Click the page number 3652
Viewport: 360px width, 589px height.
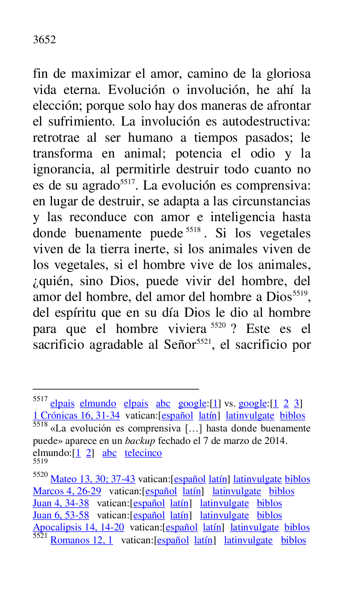pyautogui.click(x=44, y=40)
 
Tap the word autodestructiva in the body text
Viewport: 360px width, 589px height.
pyautogui.click(x=266, y=122)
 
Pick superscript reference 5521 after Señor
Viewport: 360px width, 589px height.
pyautogui.click(x=204, y=342)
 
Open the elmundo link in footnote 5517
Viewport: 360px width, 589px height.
pyautogui.click(x=98, y=404)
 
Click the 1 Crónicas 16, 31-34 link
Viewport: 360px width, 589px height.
pyautogui.click(x=76, y=416)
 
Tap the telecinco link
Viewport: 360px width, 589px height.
pyautogui.click(x=143, y=453)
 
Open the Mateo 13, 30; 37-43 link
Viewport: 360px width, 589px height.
pyautogui.click(x=93, y=479)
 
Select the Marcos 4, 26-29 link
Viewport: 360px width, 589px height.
pyautogui.click(x=67, y=491)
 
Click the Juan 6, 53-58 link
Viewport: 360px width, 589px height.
pyautogui.click(x=61, y=515)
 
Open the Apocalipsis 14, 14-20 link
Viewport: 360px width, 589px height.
pyautogui.click(x=79, y=527)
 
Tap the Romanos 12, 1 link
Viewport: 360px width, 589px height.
pyautogui.click(x=81, y=540)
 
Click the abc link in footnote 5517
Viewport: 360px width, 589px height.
pyautogui.click(x=163, y=404)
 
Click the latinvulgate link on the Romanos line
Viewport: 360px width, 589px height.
pyautogui.click(x=248, y=540)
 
